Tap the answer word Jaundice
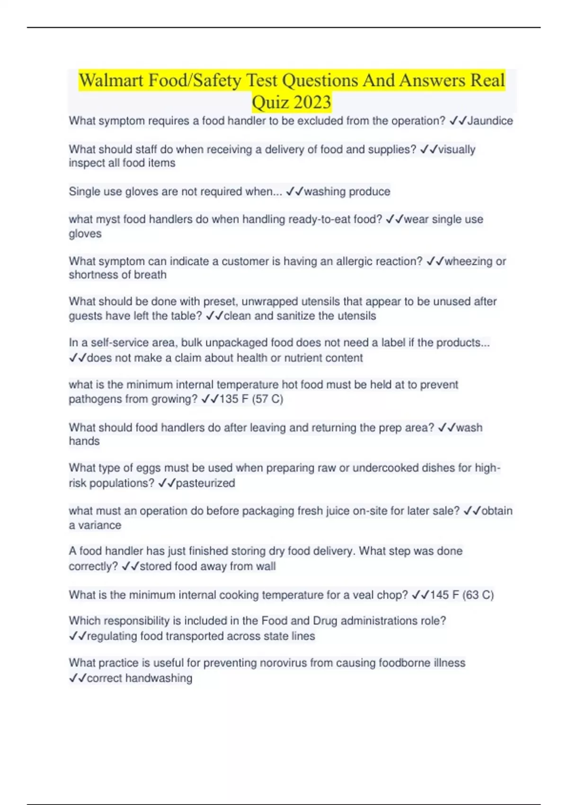coord(490,121)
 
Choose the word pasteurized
coord(205,483)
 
